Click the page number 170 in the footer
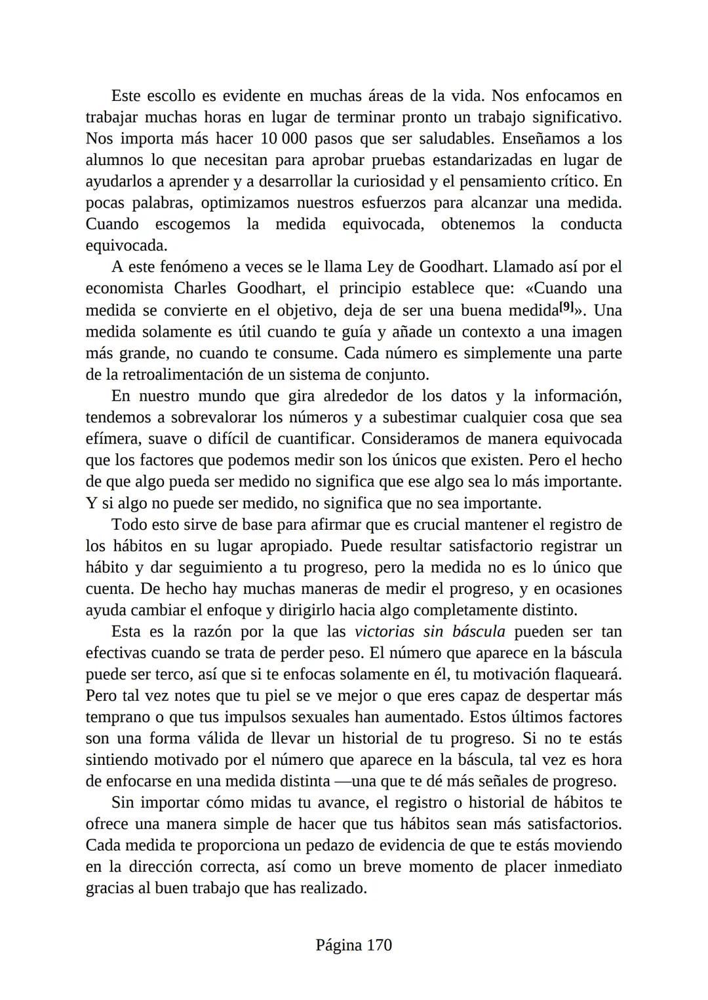click(x=379, y=945)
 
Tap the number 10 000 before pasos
click(x=285, y=139)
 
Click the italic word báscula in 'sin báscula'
click(x=479, y=632)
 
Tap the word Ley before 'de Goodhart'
click(x=380, y=267)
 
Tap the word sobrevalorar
click(x=214, y=417)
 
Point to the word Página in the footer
click(x=339, y=945)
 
